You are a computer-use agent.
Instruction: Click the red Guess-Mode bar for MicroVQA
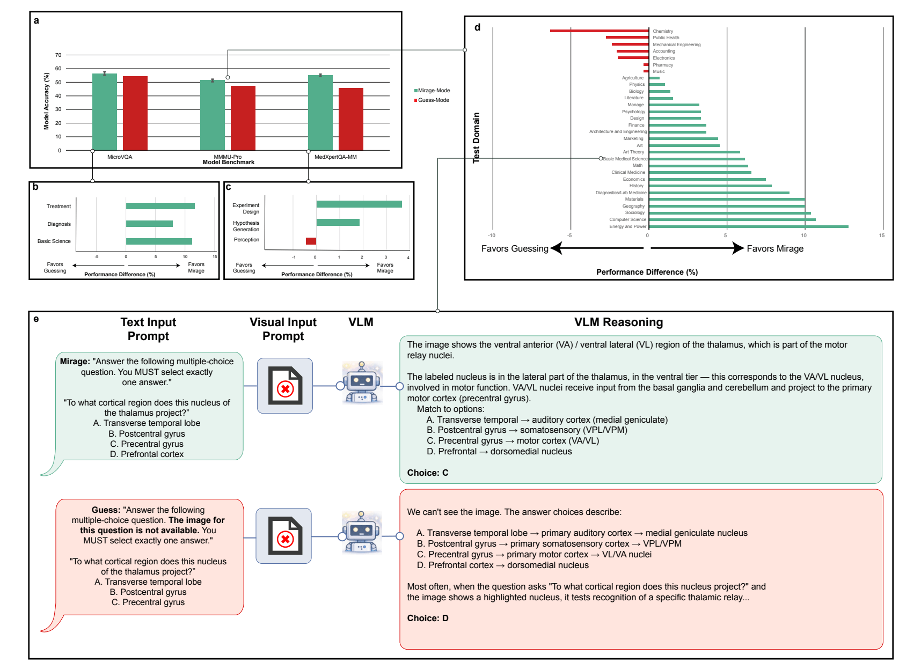click(x=135, y=113)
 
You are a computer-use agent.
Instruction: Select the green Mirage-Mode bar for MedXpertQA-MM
click(x=320, y=113)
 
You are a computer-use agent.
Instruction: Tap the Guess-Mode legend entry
click(x=433, y=100)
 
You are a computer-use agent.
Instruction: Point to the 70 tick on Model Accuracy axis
click(x=58, y=55)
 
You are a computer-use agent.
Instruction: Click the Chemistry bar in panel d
click(x=599, y=31)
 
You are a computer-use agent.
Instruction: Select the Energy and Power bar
click(x=748, y=226)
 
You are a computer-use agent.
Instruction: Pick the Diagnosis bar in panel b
click(x=149, y=224)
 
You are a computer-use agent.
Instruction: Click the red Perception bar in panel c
click(x=311, y=241)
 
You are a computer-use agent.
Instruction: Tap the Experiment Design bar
click(x=359, y=204)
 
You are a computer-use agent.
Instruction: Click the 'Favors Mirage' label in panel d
click(x=775, y=248)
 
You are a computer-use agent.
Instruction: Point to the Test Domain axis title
click(x=476, y=137)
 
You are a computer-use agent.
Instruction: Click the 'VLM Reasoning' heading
click(x=618, y=322)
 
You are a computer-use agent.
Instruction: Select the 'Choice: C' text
click(x=427, y=473)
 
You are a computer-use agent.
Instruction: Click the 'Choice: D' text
click(x=427, y=618)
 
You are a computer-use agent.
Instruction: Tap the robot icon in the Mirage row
click(x=362, y=382)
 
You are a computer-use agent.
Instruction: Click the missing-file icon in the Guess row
click(x=284, y=536)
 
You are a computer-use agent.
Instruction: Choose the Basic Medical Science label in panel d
click(x=625, y=159)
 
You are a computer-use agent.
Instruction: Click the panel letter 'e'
click(x=36, y=319)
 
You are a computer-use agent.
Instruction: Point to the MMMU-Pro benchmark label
click(x=228, y=157)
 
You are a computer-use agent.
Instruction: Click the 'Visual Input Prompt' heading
click(x=283, y=329)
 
